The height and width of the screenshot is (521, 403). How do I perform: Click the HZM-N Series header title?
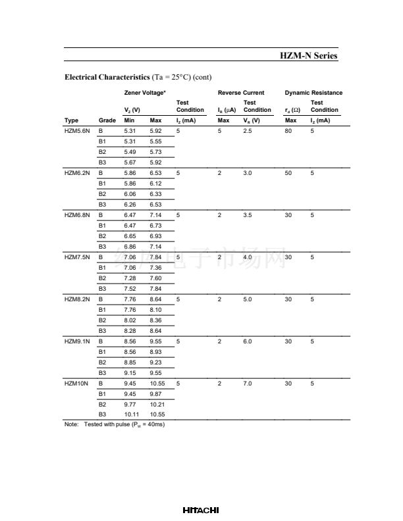[309, 56]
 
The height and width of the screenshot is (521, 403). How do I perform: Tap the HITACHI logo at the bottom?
[201, 510]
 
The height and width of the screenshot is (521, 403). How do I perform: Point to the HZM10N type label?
[76, 383]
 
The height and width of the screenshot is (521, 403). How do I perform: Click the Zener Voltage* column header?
[145, 93]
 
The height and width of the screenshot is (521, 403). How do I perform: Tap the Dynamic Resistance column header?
[313, 93]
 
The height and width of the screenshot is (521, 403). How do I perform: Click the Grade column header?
[107, 120]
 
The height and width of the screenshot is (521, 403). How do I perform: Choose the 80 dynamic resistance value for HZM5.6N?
[288, 132]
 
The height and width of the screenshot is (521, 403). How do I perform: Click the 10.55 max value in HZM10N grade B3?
[157, 414]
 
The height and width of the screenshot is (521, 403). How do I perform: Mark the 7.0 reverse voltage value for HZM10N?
[248, 383]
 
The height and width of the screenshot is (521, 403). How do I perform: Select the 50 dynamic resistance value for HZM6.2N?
[288, 173]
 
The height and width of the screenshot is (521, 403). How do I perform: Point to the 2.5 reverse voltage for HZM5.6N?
[248, 132]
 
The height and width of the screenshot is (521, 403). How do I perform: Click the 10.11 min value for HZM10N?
[132, 414]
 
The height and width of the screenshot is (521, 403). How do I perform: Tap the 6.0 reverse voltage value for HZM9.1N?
[248, 341]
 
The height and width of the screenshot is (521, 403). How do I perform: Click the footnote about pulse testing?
[115, 425]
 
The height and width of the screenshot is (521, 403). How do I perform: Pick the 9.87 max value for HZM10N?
[155, 393]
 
